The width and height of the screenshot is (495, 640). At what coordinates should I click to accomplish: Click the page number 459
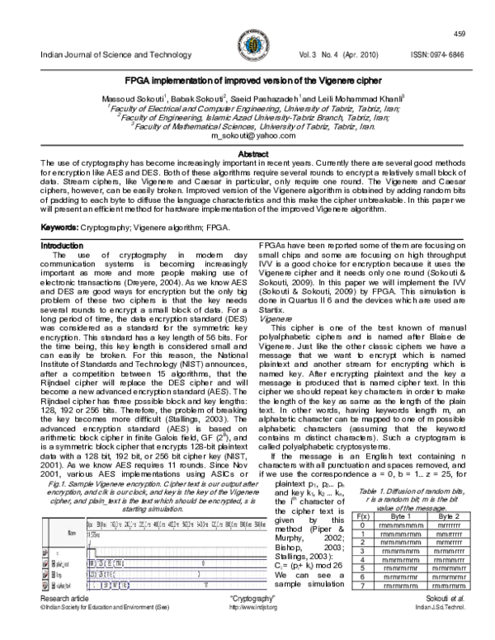pos(460,32)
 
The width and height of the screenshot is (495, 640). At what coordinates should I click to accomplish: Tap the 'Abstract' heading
pos(247,154)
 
